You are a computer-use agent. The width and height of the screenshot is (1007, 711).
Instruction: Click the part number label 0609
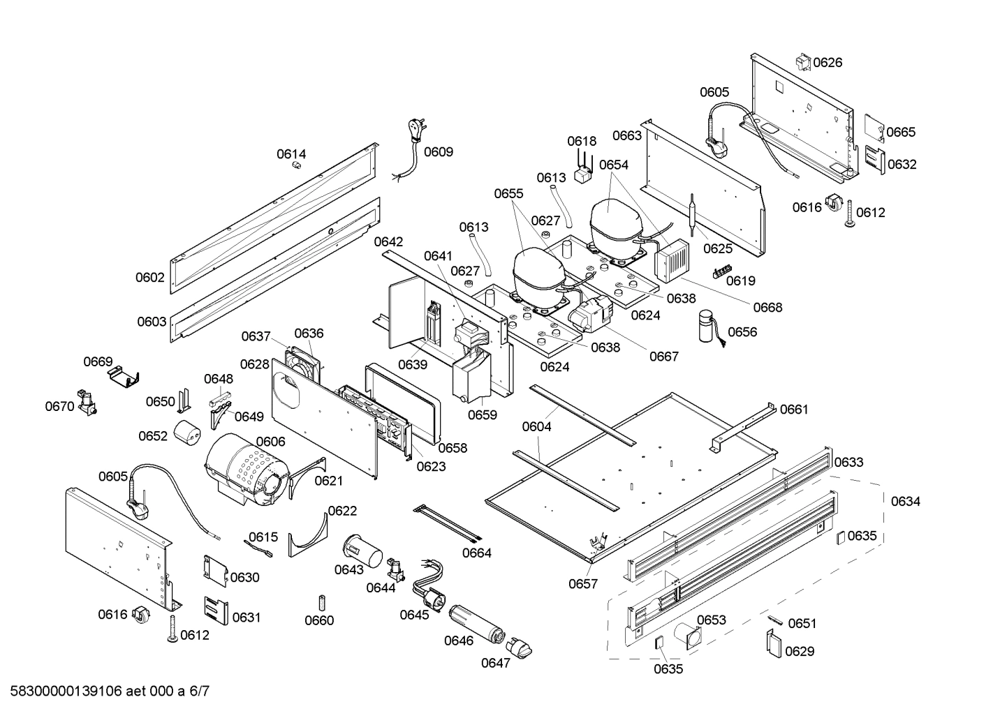439,152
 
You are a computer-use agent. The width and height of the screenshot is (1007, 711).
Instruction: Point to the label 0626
828,63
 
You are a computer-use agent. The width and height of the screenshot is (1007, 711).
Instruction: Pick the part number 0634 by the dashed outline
905,502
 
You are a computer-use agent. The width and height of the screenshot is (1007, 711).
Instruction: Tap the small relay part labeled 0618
582,174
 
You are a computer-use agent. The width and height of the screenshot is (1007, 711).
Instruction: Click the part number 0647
495,664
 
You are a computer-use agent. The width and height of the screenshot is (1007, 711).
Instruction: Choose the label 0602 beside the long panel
150,278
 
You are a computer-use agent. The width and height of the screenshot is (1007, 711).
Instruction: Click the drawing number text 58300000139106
64,691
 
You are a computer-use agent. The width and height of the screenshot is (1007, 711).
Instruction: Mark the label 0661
794,410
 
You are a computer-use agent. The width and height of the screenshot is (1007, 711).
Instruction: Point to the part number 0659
482,416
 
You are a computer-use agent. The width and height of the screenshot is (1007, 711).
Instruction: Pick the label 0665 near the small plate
901,133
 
